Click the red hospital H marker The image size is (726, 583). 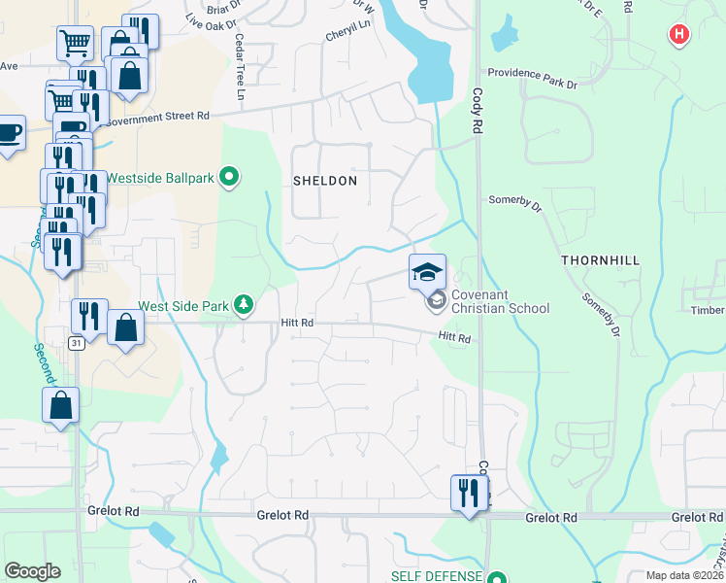[679, 35]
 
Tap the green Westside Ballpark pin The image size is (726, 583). [229, 177]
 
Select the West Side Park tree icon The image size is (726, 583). [243, 306]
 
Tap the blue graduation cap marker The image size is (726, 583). [426, 272]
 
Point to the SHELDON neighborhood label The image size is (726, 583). [325, 181]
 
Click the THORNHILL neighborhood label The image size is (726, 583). [598, 261]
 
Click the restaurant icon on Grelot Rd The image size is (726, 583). [470, 493]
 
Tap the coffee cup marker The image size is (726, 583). [8, 133]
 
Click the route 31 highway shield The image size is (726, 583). [76, 343]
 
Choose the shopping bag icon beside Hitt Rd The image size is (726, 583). [126, 326]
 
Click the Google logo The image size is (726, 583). [32, 570]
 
